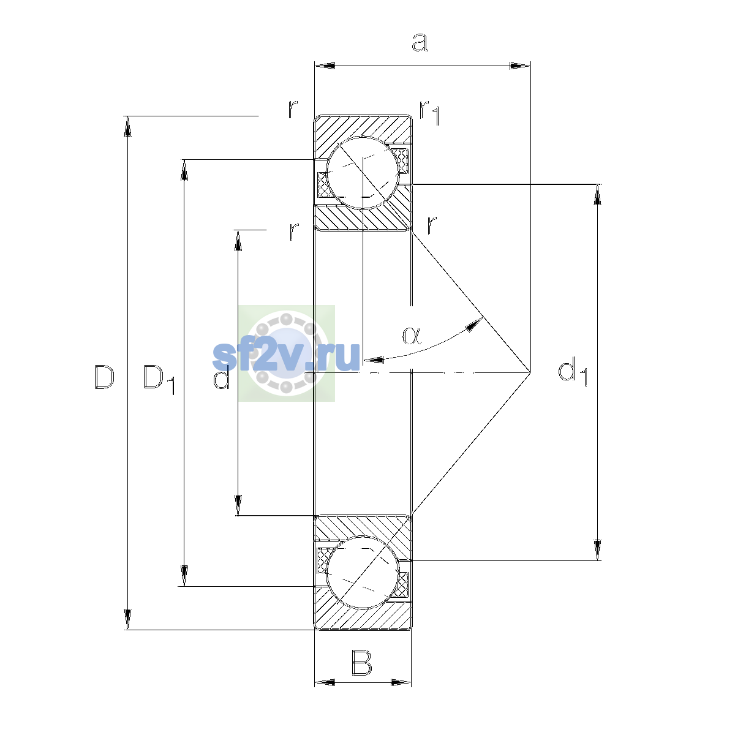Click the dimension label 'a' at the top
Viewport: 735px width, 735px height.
tap(420, 42)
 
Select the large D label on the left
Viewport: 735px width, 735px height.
tap(104, 377)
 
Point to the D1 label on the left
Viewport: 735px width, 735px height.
tap(159, 380)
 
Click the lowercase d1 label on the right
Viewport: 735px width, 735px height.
tap(572, 372)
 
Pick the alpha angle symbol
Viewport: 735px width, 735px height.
tap(412, 336)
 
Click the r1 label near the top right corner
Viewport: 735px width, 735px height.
tap(430, 113)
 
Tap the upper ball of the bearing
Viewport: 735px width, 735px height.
tap(363, 173)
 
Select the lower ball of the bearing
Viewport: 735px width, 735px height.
tap(363, 573)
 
